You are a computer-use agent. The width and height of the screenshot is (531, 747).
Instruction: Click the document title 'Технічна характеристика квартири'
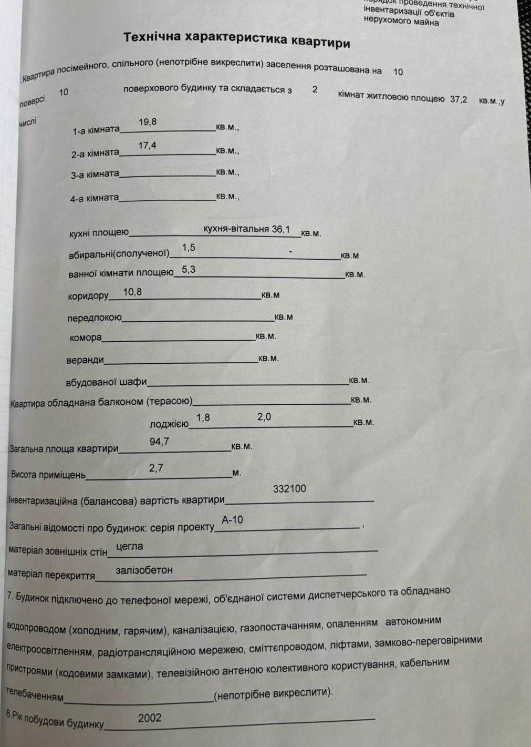point(236,39)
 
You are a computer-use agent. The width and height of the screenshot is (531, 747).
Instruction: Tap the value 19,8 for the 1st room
point(148,122)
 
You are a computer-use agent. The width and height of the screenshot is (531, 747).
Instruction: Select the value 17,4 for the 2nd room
point(148,146)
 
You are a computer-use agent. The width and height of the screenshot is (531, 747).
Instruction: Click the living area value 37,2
point(458,99)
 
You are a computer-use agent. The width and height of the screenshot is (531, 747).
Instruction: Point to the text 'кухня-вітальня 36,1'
point(246,229)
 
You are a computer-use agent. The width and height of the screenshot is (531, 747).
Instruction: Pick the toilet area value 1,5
point(189,248)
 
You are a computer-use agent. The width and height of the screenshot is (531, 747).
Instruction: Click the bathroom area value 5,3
point(189,270)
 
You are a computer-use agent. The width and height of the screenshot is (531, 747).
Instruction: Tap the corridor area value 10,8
point(132,292)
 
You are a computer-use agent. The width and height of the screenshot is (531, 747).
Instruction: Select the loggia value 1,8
point(203,417)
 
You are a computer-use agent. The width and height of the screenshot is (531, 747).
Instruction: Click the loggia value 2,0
point(264,417)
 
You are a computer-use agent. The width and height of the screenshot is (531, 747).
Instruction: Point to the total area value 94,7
point(159,442)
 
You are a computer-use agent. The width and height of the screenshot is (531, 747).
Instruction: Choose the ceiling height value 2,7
point(156,467)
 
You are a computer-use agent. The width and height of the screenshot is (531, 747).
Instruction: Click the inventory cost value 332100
point(289,488)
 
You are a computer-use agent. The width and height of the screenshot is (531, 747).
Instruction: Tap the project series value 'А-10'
point(232,519)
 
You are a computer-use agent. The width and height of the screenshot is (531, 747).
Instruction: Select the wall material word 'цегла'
point(129,546)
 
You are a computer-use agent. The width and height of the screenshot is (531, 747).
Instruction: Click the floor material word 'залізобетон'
point(144,570)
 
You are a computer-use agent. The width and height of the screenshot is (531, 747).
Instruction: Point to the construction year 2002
point(150,718)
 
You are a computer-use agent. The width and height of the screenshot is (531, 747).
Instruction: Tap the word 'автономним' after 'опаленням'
point(413,621)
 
